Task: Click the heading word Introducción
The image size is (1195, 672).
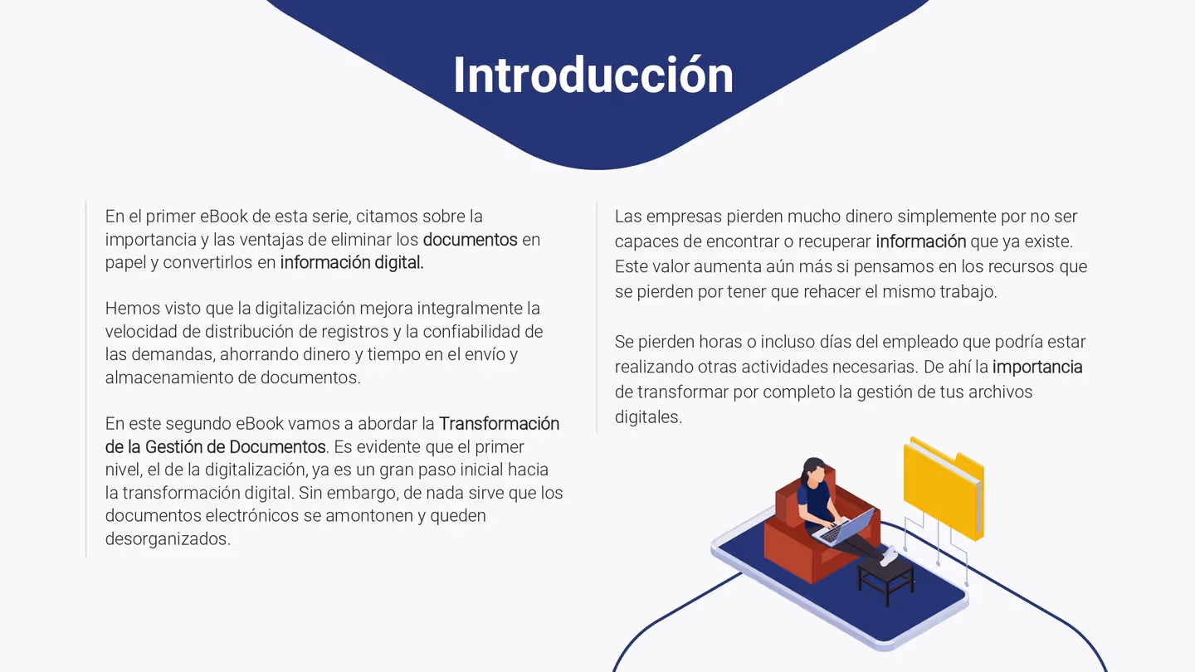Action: coord(593,75)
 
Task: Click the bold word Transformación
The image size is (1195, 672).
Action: coord(499,424)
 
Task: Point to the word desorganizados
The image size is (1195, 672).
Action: coord(167,539)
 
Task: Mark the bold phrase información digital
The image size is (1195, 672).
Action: coord(352,263)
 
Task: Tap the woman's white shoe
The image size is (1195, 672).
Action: coord(890,557)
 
